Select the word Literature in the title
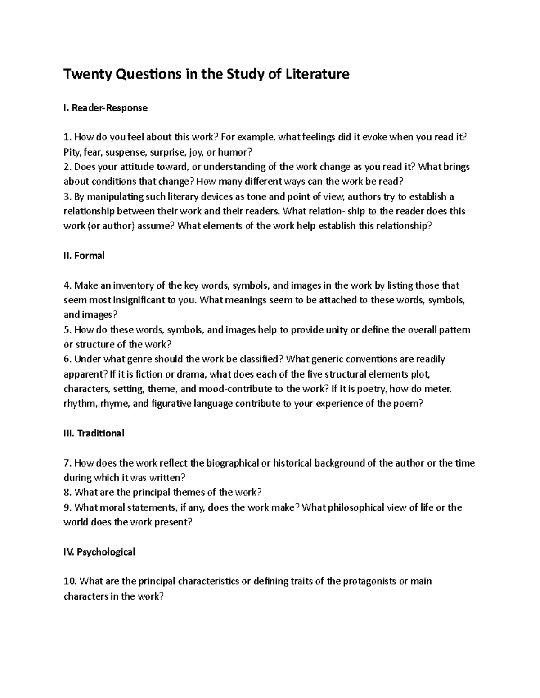[x=313, y=74]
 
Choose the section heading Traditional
[x=101, y=433]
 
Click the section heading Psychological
[x=106, y=551]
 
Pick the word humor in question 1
[x=232, y=152]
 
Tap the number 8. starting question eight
[x=68, y=492]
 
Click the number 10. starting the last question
[x=71, y=581]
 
